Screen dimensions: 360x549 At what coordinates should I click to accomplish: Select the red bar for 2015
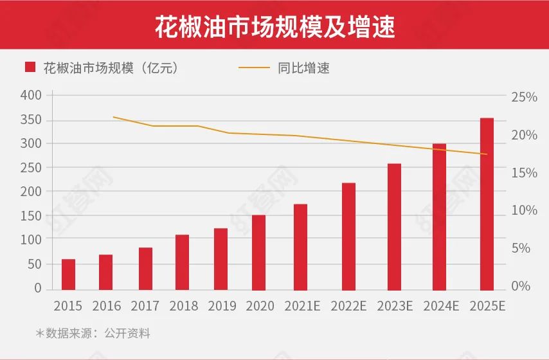(68, 274)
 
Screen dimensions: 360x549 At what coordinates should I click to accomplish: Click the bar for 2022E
(348, 236)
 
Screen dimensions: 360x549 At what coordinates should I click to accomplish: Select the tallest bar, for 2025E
(487, 204)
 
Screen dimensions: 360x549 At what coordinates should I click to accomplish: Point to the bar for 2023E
(394, 226)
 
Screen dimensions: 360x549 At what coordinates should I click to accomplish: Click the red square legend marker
(30, 67)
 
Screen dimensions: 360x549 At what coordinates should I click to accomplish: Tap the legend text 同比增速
(304, 67)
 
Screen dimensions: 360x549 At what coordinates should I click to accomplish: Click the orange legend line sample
(253, 67)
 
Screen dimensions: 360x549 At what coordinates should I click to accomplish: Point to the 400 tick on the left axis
(31, 95)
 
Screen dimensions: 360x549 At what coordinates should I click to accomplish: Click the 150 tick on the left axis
(31, 215)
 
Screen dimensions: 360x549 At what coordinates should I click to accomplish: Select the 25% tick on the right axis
(523, 97)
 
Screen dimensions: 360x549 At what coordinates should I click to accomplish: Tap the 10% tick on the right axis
(523, 211)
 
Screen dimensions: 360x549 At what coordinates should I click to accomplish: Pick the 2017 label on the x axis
(145, 306)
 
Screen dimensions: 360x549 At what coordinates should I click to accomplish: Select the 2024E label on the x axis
(440, 306)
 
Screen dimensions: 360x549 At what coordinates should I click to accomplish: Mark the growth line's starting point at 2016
(113, 117)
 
